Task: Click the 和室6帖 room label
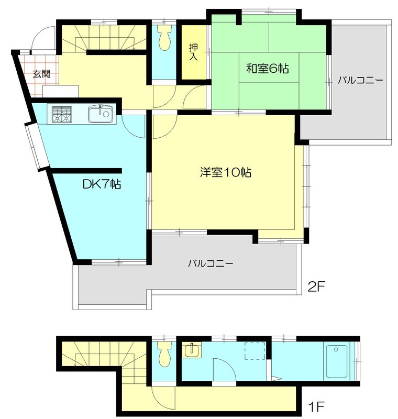268,68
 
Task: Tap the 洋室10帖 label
225,172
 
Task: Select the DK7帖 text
102,185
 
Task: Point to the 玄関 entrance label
41,74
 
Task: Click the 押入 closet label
193,51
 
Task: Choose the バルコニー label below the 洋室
210,263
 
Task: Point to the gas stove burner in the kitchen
62,114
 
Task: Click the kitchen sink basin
99,114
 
